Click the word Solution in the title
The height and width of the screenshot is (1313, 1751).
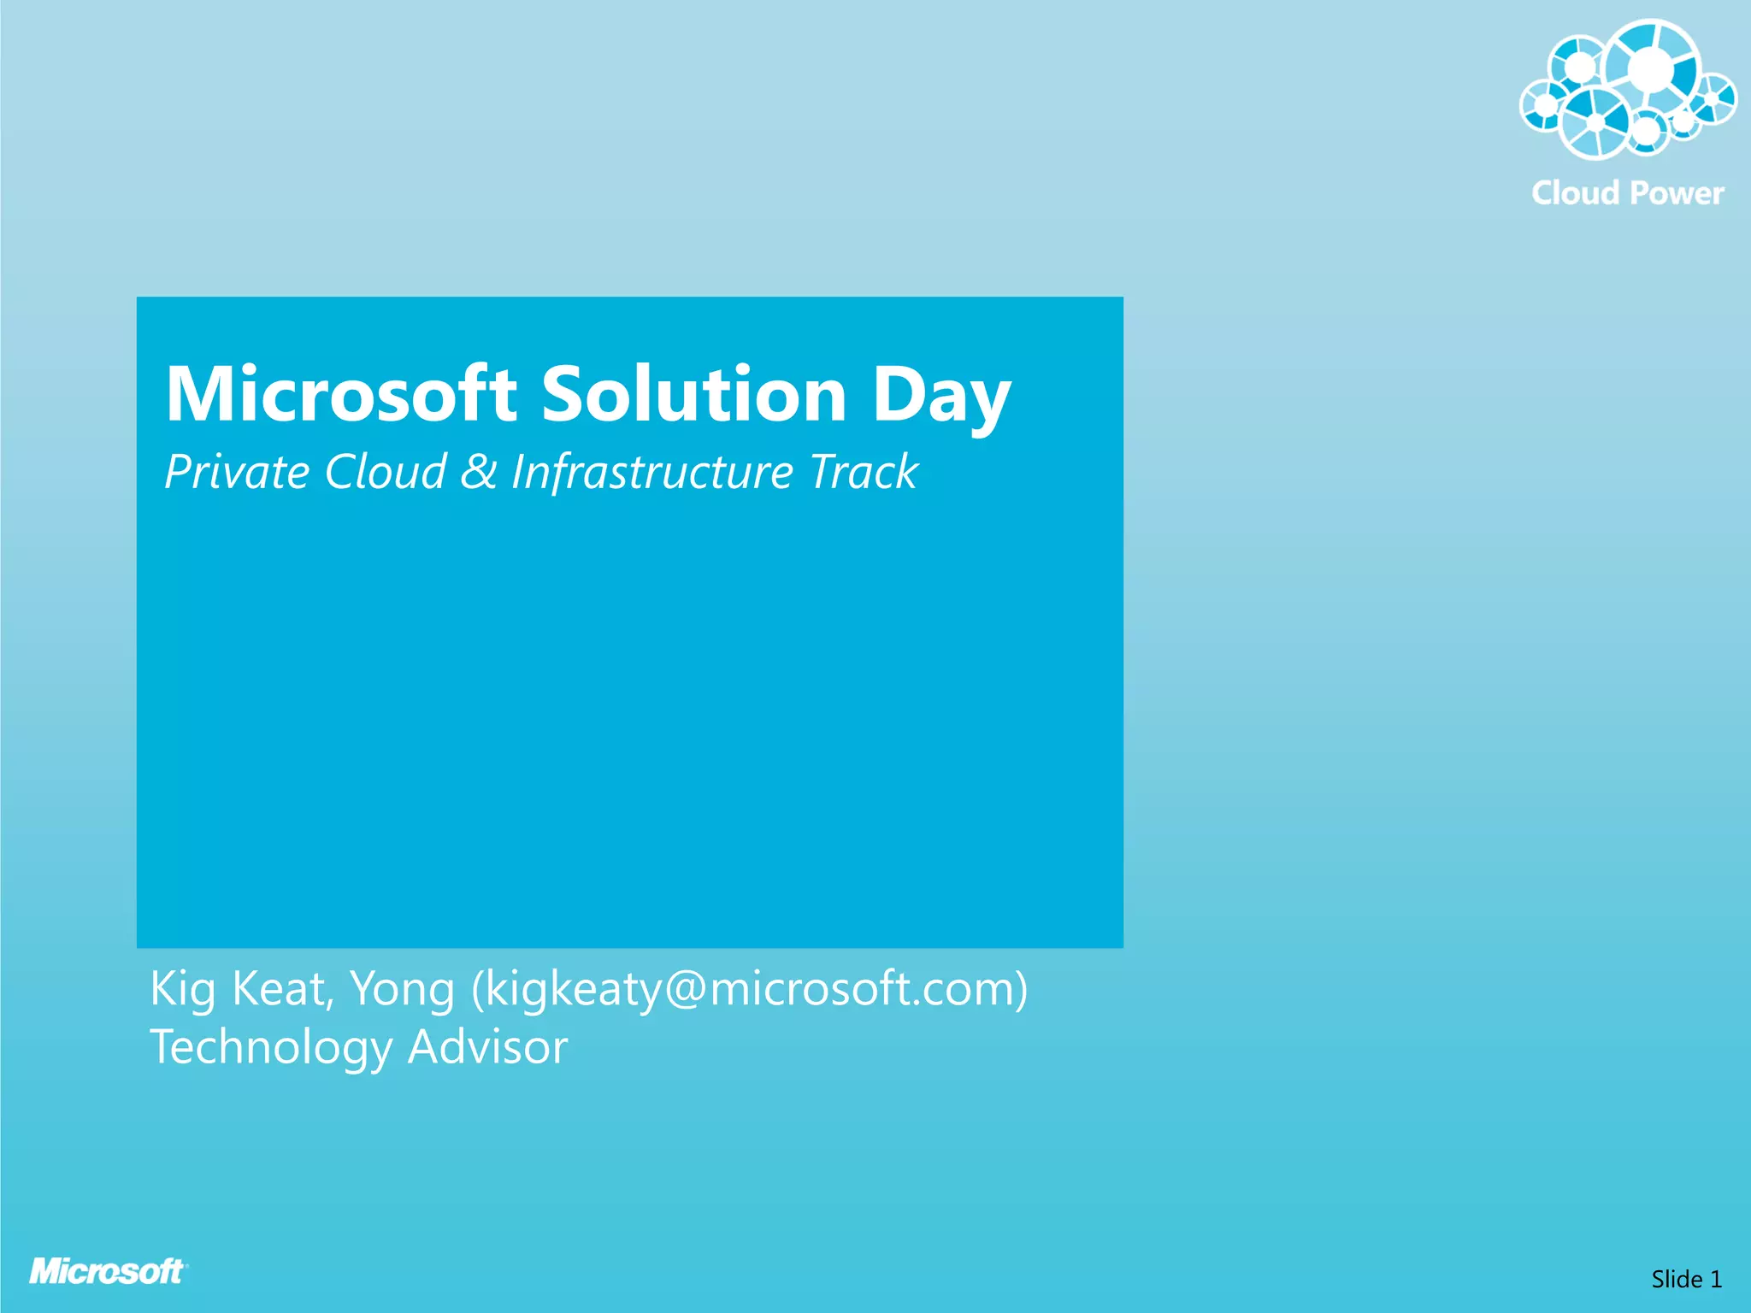pyautogui.click(x=693, y=394)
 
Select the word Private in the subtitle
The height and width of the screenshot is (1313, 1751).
pyautogui.click(x=237, y=472)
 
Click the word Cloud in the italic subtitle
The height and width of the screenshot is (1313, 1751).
pyautogui.click(x=386, y=472)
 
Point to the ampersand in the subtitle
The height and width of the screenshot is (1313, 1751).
pyautogui.click(x=479, y=472)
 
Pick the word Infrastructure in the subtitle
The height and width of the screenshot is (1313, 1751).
pyautogui.click(x=652, y=472)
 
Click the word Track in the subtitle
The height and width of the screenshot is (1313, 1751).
pyautogui.click(x=863, y=472)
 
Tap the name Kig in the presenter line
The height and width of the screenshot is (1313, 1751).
pyautogui.click(x=182, y=990)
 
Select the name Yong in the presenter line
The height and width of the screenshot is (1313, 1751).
pyautogui.click(x=402, y=990)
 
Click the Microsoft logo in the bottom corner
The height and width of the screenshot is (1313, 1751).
pyautogui.click(x=108, y=1271)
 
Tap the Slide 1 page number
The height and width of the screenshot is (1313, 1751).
pyautogui.click(x=1685, y=1279)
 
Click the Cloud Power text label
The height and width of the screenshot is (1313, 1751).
pyautogui.click(x=1627, y=193)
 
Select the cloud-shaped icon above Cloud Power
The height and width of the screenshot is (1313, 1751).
pyautogui.click(x=1627, y=90)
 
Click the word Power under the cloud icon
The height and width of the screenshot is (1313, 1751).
pyautogui.click(x=1676, y=193)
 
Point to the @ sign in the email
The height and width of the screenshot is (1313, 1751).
pyautogui.click(x=683, y=990)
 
